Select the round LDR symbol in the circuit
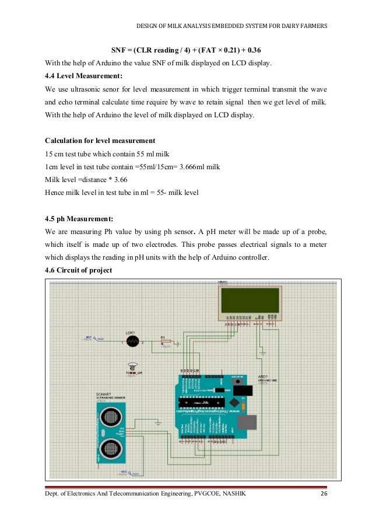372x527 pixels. tap(133, 343)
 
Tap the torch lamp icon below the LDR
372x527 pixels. tap(134, 365)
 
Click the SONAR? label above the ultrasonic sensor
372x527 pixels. tap(104, 395)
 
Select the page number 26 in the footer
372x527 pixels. tap(325, 495)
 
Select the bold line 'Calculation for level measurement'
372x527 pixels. tap(100, 141)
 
